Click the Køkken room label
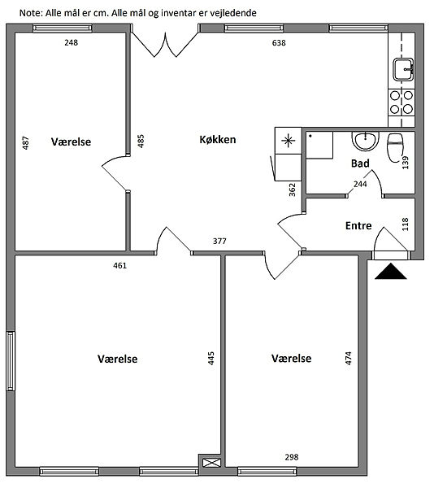[218, 139]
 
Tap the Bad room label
[360, 163]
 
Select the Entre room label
[358, 225]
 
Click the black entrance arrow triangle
[391, 271]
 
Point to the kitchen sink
[404, 69]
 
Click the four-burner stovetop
[401, 102]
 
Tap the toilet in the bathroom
[395, 148]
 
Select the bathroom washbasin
[365, 141]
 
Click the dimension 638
[279, 43]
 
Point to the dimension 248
[72, 42]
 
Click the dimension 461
[120, 265]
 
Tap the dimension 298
[292, 457]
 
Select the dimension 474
[348, 358]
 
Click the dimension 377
[219, 242]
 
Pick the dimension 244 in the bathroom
[360, 185]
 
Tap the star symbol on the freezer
[289, 141]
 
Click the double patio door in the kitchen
[165, 44]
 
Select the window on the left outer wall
[11, 361]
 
